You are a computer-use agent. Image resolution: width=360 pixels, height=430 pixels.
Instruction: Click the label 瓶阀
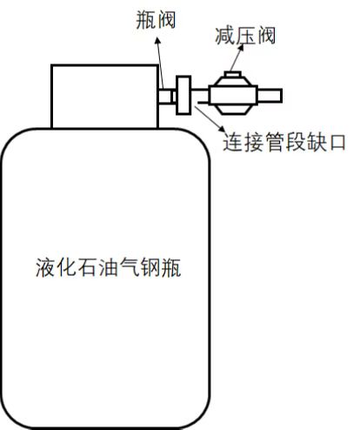(156, 20)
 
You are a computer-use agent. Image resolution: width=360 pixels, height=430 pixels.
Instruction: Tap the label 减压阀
(245, 36)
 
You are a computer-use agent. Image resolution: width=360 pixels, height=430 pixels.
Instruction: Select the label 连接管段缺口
(284, 142)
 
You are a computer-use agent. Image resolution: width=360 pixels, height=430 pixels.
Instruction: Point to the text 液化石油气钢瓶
(109, 267)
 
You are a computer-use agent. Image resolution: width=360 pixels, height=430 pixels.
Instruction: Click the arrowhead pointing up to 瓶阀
(157, 41)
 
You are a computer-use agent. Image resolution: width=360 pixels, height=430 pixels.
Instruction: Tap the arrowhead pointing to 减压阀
(241, 48)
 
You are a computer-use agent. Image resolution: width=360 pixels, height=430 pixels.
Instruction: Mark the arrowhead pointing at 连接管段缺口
(222, 129)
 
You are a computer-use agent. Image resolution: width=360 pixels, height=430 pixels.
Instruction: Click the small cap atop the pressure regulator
(233, 74)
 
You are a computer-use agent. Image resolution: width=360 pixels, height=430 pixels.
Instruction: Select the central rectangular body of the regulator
(233, 95)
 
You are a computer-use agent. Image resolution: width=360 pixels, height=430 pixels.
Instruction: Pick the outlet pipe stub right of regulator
(270, 96)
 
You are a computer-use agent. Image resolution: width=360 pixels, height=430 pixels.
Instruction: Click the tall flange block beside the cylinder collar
(183, 95)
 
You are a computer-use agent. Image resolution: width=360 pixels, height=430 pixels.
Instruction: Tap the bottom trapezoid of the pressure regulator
(233, 110)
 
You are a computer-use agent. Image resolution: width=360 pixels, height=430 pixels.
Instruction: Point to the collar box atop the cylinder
(105, 97)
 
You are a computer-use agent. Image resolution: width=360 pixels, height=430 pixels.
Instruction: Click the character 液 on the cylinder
(45, 267)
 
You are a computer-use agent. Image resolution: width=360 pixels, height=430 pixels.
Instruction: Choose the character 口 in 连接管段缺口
(337, 143)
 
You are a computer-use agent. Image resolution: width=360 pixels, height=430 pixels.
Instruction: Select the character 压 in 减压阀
(245, 36)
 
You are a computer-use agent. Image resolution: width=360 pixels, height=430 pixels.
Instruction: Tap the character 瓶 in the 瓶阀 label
(145, 20)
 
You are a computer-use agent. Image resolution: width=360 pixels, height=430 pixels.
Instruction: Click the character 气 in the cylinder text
(129, 267)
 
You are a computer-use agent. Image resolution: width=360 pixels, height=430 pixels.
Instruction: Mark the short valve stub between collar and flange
(167, 96)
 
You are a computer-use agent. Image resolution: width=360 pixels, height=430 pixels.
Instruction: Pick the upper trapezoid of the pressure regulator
(233, 82)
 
